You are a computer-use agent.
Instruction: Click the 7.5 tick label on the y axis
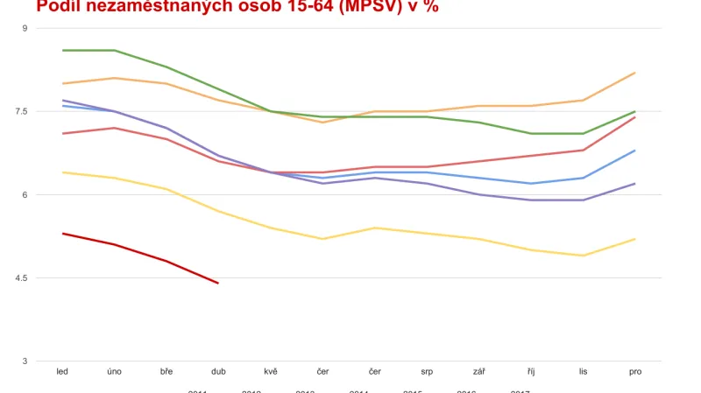pyautogui.click(x=21, y=112)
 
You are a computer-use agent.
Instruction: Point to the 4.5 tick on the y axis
pyautogui.click(x=21, y=278)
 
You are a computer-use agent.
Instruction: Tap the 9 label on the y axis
pyautogui.click(x=25, y=29)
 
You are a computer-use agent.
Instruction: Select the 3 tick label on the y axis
pyautogui.click(x=25, y=361)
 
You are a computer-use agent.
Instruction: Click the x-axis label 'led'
pyautogui.click(x=62, y=372)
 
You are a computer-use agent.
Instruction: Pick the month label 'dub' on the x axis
pyautogui.click(x=218, y=372)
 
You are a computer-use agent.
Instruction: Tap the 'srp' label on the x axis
pyautogui.click(x=427, y=372)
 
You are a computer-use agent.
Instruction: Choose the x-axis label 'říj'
pyautogui.click(x=531, y=372)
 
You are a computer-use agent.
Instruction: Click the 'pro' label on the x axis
pyautogui.click(x=635, y=372)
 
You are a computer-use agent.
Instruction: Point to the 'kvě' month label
pyautogui.click(x=271, y=372)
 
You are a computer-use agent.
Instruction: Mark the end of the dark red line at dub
pyautogui.click(x=218, y=283)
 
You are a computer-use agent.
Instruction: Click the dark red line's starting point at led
pyautogui.click(x=63, y=234)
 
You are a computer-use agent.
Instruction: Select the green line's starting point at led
pyautogui.click(x=63, y=50)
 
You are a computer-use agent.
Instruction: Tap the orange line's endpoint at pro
pyautogui.click(x=634, y=73)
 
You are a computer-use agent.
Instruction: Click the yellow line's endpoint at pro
pyautogui.click(x=634, y=239)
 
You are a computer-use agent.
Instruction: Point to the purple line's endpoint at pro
pyautogui.click(x=634, y=184)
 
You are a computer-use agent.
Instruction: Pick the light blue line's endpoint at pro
pyautogui.click(x=634, y=151)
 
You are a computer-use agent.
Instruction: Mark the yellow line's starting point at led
pyautogui.click(x=63, y=172)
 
